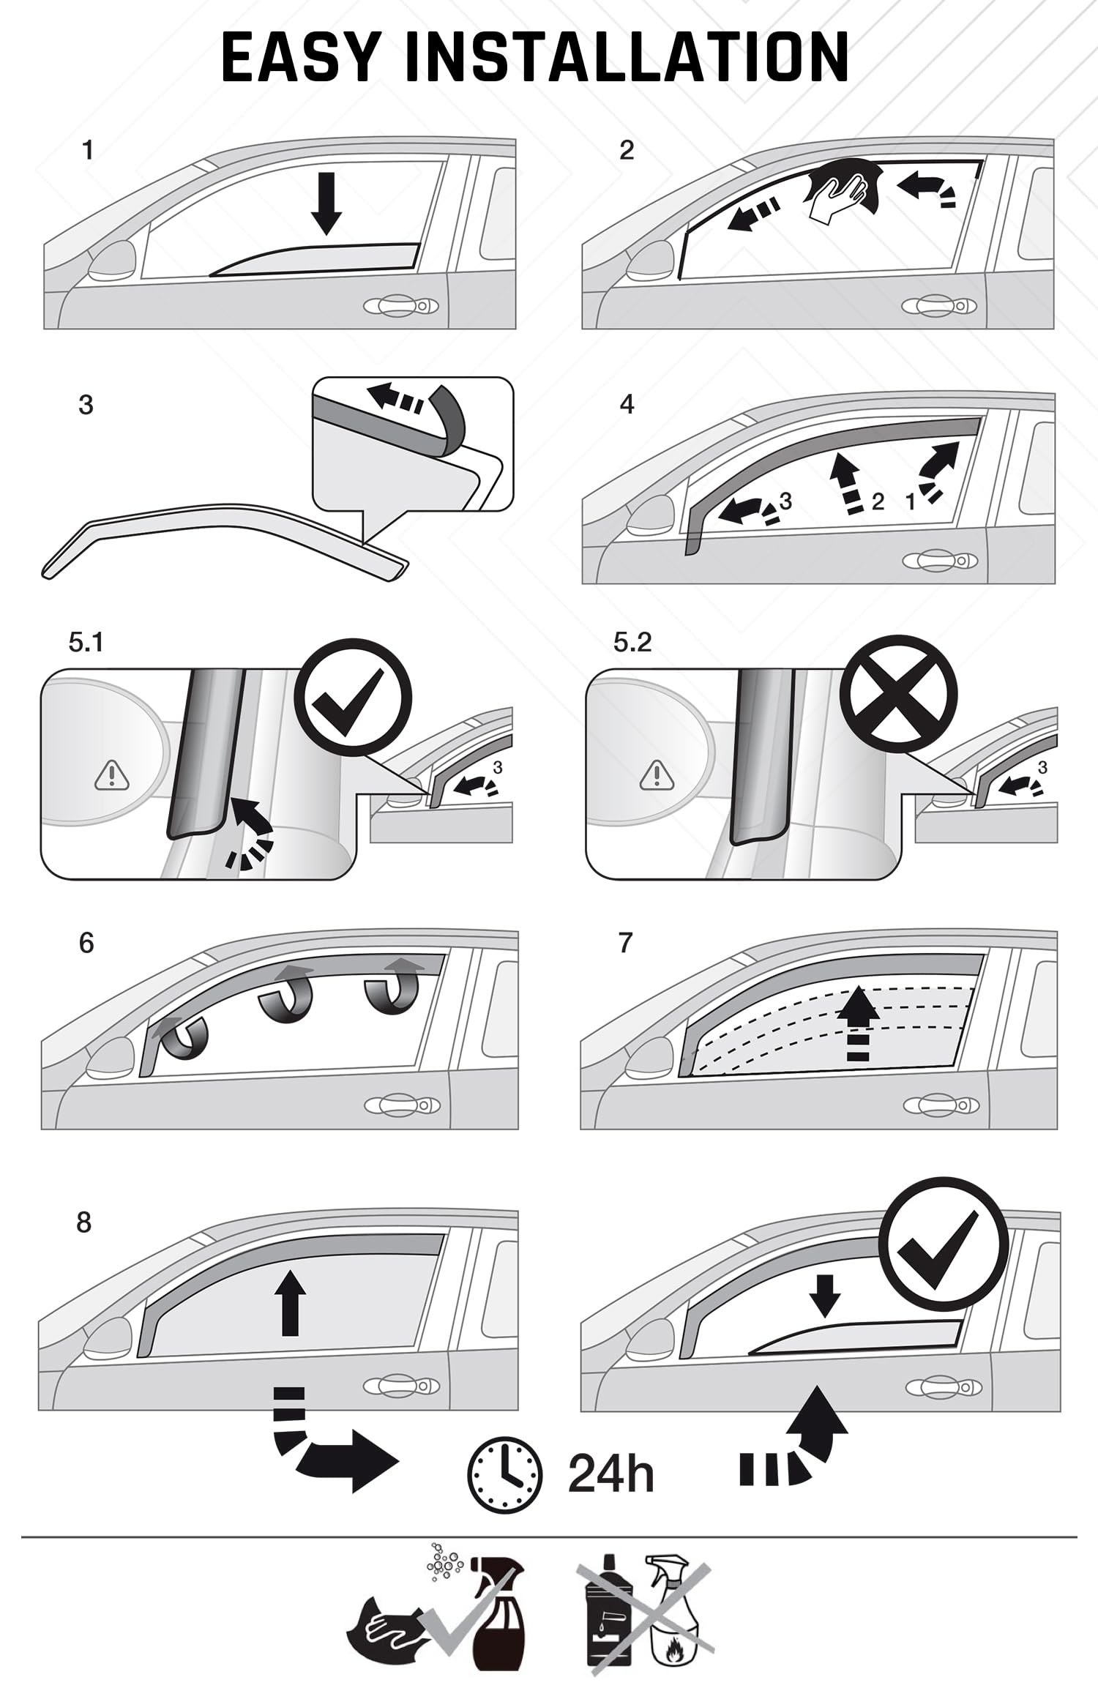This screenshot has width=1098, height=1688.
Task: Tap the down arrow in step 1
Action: click(x=326, y=203)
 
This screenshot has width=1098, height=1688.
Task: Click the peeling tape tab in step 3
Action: click(x=447, y=411)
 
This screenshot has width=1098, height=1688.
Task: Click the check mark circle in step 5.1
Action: click(x=354, y=698)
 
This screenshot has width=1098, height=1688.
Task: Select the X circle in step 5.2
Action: click(x=899, y=698)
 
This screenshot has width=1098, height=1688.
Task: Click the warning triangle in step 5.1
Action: click(x=111, y=775)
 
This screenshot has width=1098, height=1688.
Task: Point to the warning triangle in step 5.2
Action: click(x=657, y=775)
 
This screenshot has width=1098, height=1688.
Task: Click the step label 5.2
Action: click(x=632, y=643)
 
